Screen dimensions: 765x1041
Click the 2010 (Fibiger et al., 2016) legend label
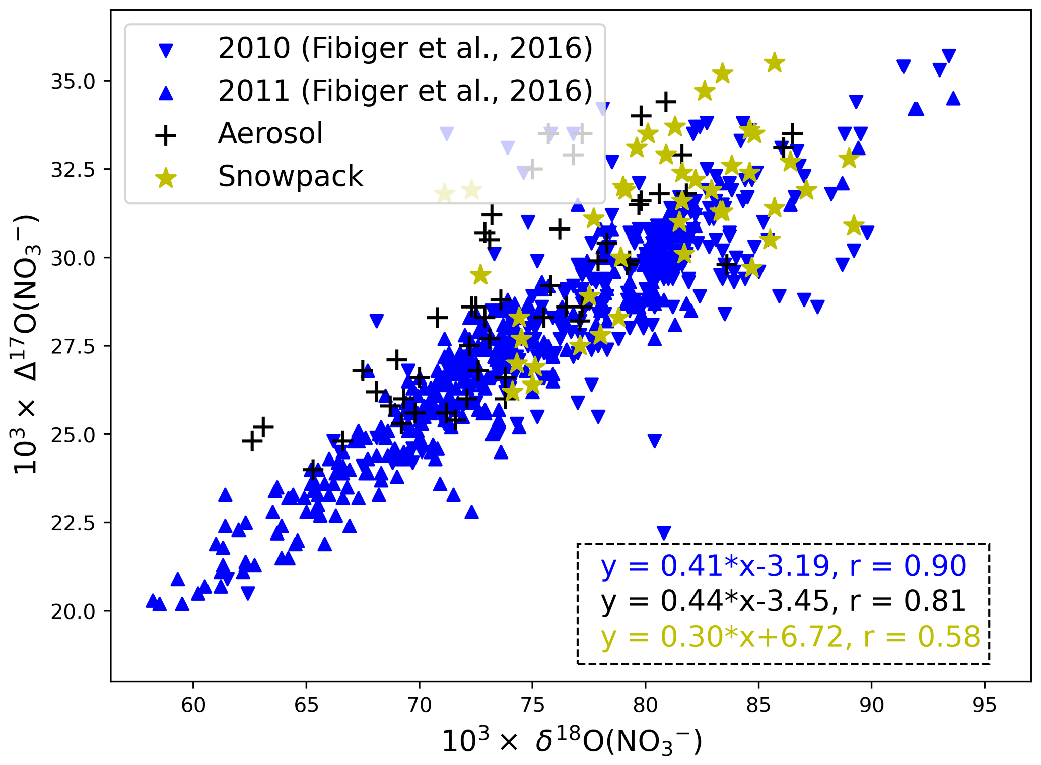pyautogui.click(x=405, y=48)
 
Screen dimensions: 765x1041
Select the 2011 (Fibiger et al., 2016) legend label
pyautogui.click(x=405, y=91)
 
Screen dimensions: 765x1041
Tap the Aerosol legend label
pyautogui.click(x=270, y=133)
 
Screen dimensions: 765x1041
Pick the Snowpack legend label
pyautogui.click(x=290, y=176)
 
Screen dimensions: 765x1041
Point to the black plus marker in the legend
pyautogui.click(x=166, y=135)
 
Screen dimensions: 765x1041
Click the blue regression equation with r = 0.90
pyautogui.click(x=783, y=565)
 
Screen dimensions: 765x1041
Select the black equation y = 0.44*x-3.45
pyautogui.click(x=783, y=601)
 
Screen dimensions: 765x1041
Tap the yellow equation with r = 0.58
pyautogui.click(x=790, y=636)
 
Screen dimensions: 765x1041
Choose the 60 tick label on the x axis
pyautogui.click(x=193, y=705)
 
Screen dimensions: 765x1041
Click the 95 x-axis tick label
pyautogui.click(x=984, y=705)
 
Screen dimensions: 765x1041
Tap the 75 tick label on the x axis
pyautogui.click(x=532, y=705)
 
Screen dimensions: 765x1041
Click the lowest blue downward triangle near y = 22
pyautogui.click(x=664, y=533)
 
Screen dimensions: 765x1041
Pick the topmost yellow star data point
pyautogui.click(x=775, y=63)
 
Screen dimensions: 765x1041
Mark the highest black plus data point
pyautogui.click(x=666, y=102)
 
